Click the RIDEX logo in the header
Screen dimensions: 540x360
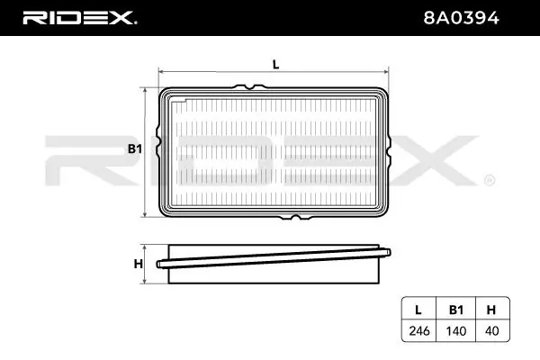(79, 18)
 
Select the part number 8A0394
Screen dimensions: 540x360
(461, 18)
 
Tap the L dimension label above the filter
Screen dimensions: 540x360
(276, 65)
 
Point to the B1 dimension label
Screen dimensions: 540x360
(135, 148)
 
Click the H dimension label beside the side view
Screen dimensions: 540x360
(138, 264)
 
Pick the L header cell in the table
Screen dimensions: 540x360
(418, 310)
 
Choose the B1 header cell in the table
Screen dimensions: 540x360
(456, 310)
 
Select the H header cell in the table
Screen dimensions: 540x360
(491, 310)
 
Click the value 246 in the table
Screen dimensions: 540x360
(419, 330)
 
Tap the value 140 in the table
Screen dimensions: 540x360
(456, 330)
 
